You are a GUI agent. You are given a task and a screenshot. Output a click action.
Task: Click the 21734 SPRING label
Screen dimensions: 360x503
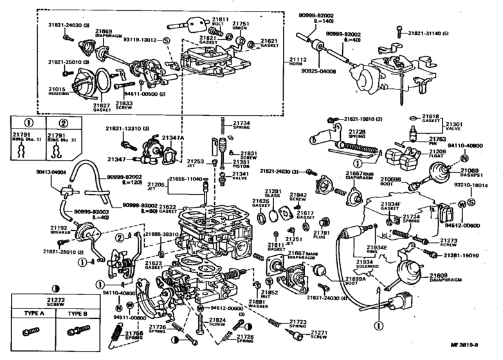tap(242, 125)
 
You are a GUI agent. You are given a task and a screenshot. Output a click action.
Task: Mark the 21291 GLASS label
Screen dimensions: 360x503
tap(274, 194)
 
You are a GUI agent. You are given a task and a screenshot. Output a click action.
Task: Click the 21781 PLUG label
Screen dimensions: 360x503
tap(322, 235)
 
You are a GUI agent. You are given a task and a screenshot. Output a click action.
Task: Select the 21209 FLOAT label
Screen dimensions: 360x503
tap(438, 155)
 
